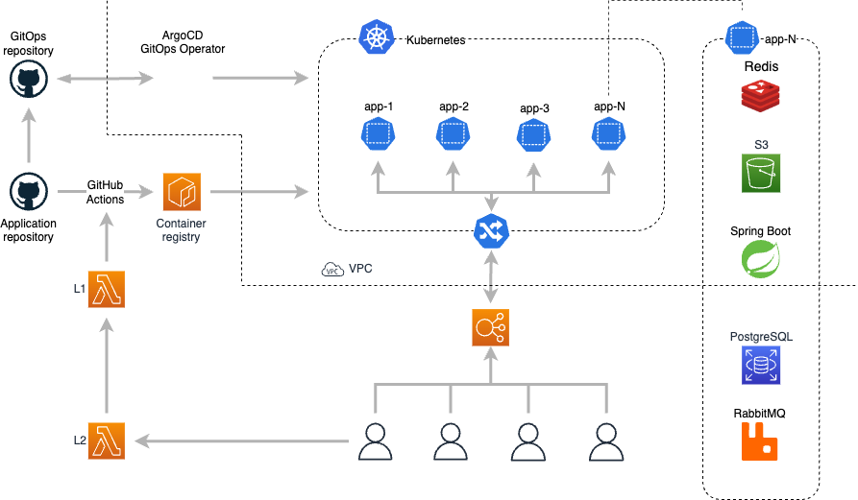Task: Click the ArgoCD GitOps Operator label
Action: [183, 42]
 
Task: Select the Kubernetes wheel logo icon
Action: [377, 38]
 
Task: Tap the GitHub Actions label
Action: [105, 192]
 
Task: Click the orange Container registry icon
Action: [182, 192]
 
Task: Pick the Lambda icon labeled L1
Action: [106, 289]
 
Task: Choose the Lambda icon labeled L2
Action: [106, 440]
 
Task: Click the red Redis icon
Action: [760, 95]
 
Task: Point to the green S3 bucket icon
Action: [761, 174]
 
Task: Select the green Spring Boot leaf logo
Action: [760, 259]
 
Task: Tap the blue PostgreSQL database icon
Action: [761, 366]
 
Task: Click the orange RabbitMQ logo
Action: [760, 441]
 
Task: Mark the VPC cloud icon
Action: [332, 270]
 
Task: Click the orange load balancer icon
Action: [491, 327]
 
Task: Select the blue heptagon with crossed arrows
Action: [491, 231]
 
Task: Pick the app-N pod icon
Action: [742, 38]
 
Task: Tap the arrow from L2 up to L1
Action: [106, 369]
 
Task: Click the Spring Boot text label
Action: [761, 231]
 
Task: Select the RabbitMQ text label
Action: [760, 414]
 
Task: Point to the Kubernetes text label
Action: [435, 41]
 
